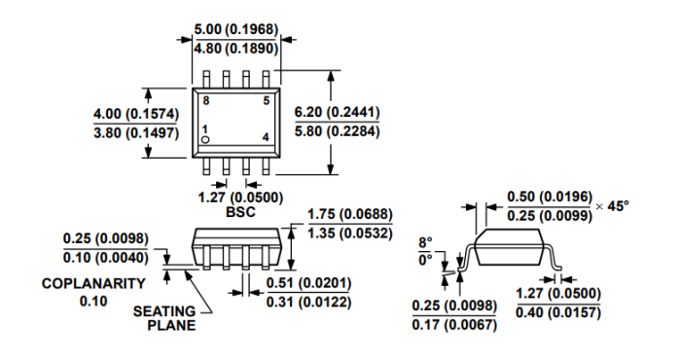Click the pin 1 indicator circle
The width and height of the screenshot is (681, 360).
point(206,139)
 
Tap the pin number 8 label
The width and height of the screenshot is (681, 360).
point(206,101)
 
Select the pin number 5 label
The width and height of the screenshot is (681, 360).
point(267,101)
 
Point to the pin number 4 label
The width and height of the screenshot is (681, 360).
point(266,137)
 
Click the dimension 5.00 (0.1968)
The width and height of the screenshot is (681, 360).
point(235,29)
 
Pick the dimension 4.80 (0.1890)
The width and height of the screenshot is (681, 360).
point(235,49)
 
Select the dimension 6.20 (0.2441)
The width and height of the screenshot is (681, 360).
point(337,112)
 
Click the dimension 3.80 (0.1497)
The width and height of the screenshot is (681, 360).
point(136,132)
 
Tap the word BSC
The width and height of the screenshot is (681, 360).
point(240,212)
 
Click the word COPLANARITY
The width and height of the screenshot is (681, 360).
point(93,283)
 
